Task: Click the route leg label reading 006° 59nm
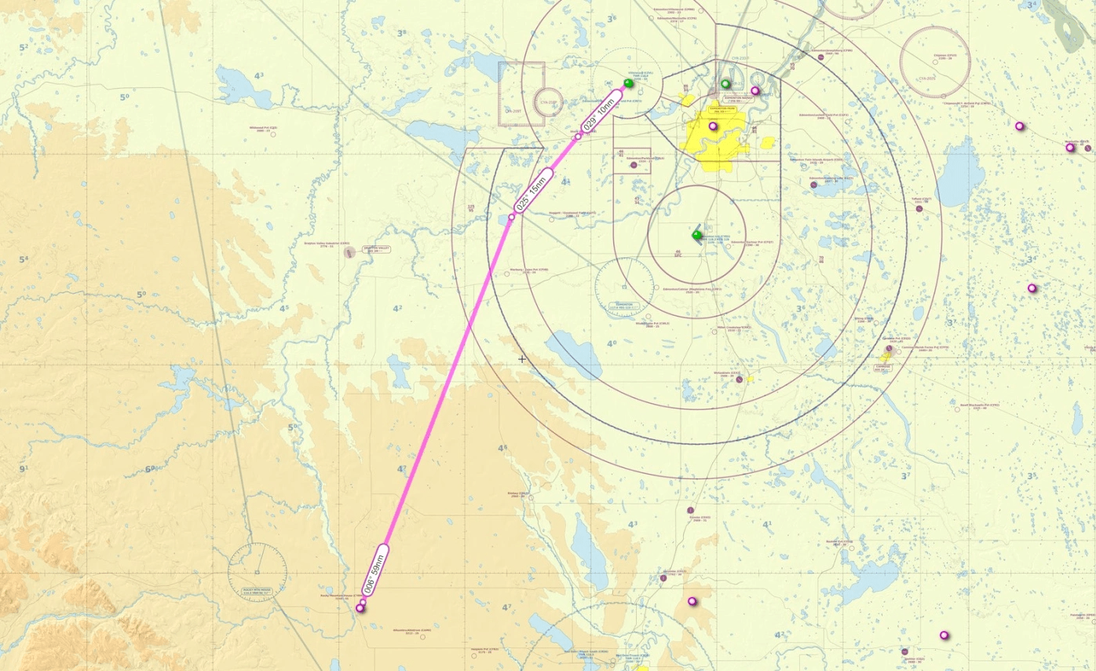(x=376, y=570)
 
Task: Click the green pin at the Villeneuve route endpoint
(x=628, y=82)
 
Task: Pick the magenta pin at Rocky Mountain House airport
(x=360, y=608)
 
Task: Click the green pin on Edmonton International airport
(x=697, y=235)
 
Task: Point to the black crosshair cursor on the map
(x=522, y=359)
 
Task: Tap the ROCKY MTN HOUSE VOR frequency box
(x=257, y=590)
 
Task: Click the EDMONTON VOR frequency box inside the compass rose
(x=624, y=305)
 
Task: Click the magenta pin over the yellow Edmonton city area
(x=713, y=126)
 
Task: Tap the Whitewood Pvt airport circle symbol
(x=273, y=134)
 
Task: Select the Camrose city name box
(x=882, y=368)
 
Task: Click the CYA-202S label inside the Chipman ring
(x=926, y=79)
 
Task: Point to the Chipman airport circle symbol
(x=936, y=63)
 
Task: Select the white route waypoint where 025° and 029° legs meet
(x=579, y=137)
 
